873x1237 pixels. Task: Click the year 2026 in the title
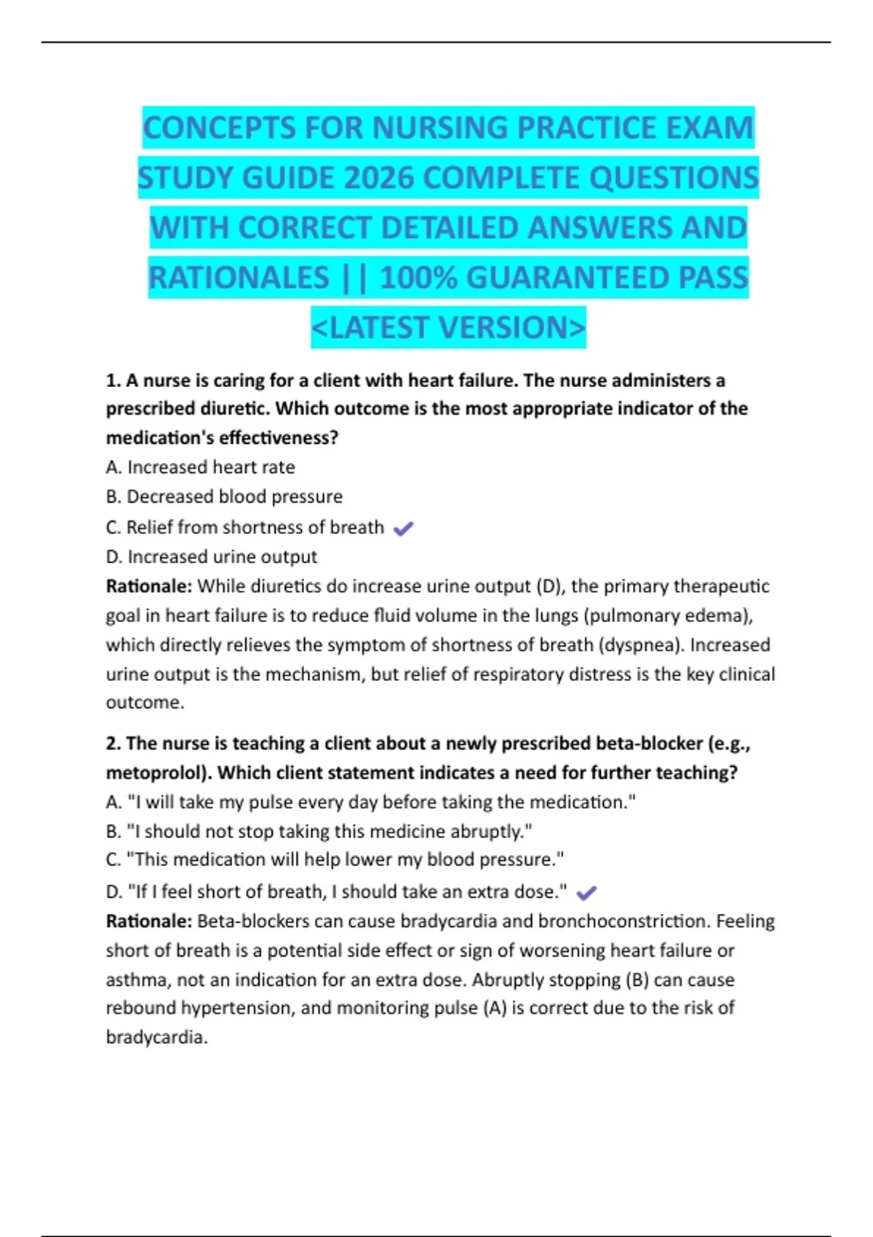[x=379, y=178]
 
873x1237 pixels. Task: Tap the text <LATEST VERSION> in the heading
[x=448, y=327]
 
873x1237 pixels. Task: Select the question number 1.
[x=112, y=381]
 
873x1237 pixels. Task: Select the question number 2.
[x=112, y=743]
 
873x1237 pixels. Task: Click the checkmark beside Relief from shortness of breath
[x=403, y=529]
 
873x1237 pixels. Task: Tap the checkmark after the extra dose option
[x=586, y=893]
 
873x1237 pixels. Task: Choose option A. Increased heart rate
[x=200, y=467]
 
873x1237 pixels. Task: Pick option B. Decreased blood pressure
[x=224, y=496]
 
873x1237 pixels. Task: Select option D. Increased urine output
[x=211, y=557]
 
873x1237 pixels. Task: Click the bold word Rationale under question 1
[x=148, y=586]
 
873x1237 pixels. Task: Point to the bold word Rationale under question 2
[x=148, y=921]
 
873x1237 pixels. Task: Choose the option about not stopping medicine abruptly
[x=319, y=831]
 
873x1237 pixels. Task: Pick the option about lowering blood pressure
[x=335, y=859]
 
